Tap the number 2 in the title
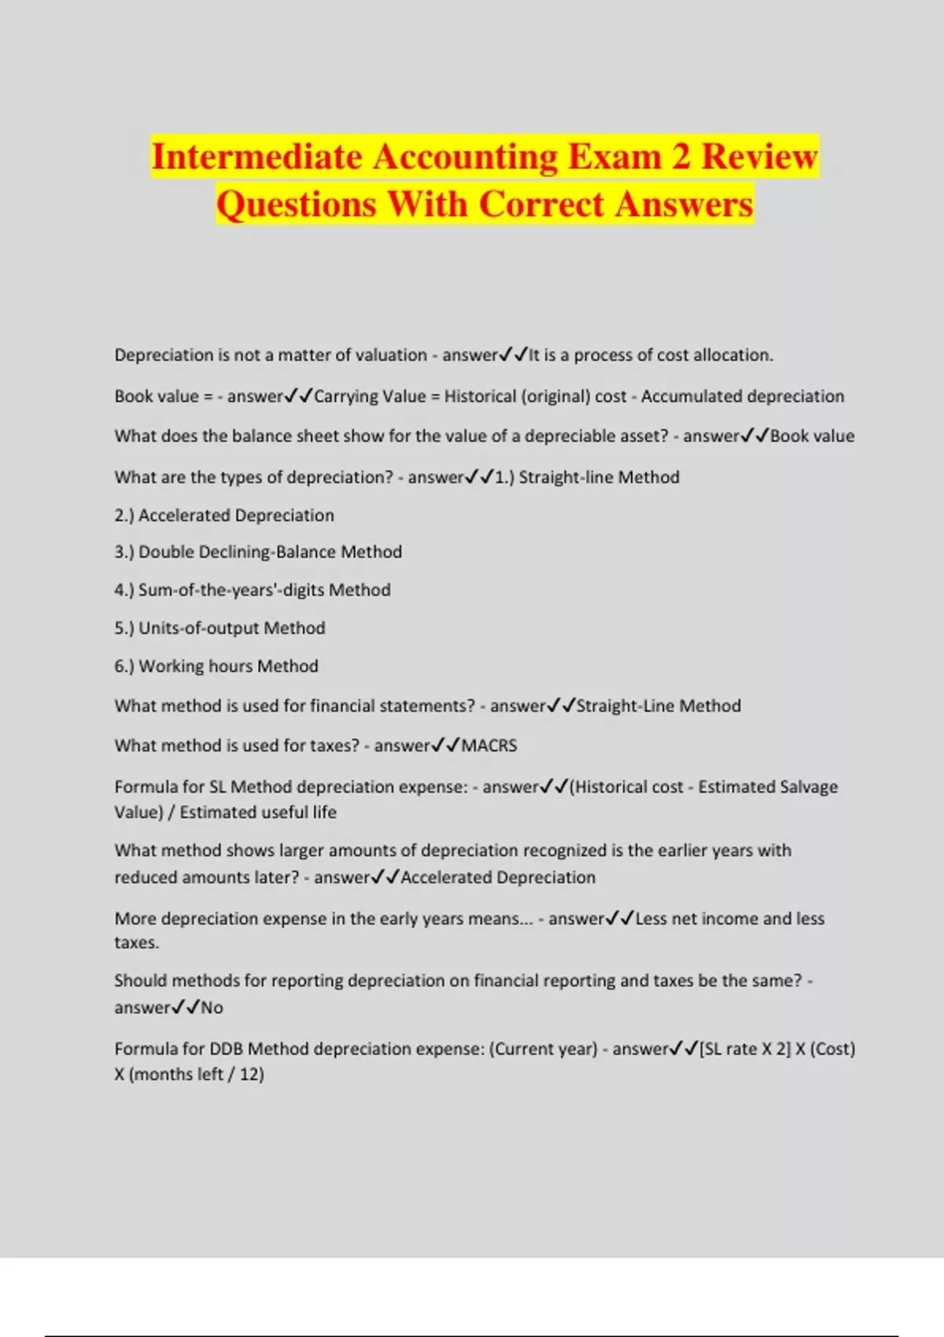[x=680, y=157]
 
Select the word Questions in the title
[x=297, y=204]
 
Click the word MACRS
[x=489, y=746]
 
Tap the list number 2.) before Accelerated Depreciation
[x=124, y=516]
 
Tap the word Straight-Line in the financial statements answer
[x=625, y=706]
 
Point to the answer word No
[x=212, y=1008]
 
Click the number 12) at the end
[x=252, y=1074]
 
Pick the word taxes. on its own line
[x=137, y=943]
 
